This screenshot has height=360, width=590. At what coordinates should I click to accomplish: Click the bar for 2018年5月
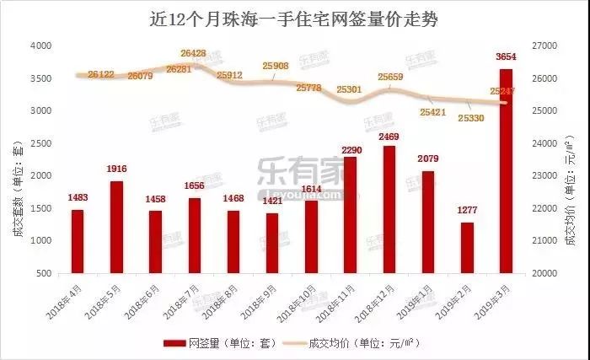point(116,227)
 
